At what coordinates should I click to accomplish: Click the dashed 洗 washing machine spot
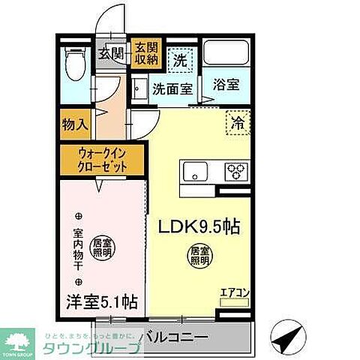(x=181, y=57)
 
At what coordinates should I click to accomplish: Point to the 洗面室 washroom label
(x=172, y=88)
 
